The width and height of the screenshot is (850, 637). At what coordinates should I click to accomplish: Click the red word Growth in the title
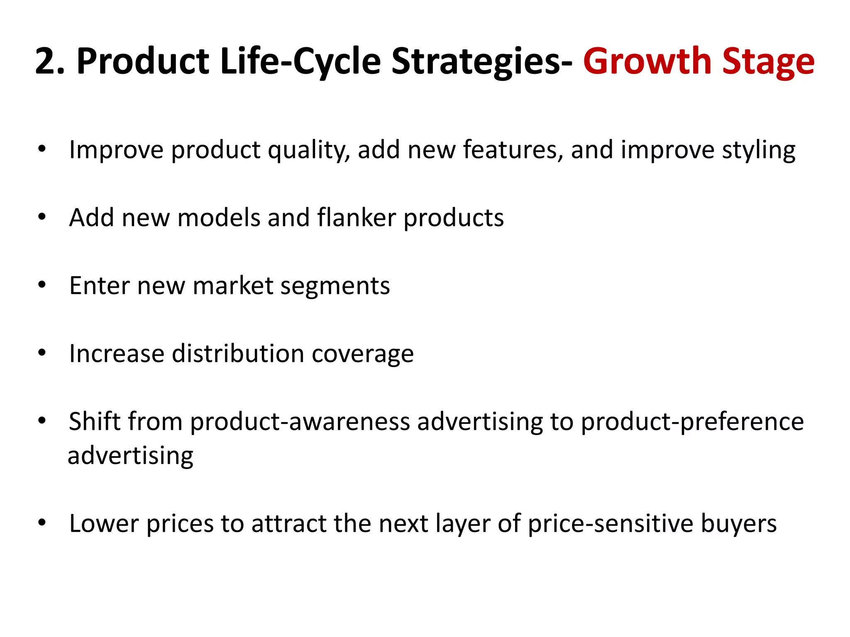tap(647, 61)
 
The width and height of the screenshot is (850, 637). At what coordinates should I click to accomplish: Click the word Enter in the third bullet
tap(100, 286)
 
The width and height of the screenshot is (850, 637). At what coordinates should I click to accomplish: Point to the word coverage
tap(362, 355)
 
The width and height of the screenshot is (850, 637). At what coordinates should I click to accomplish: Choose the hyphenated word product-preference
tap(692, 422)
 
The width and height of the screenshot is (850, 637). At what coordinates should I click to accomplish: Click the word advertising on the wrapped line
tap(130, 456)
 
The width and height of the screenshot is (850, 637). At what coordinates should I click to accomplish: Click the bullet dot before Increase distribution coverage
tap(42, 353)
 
